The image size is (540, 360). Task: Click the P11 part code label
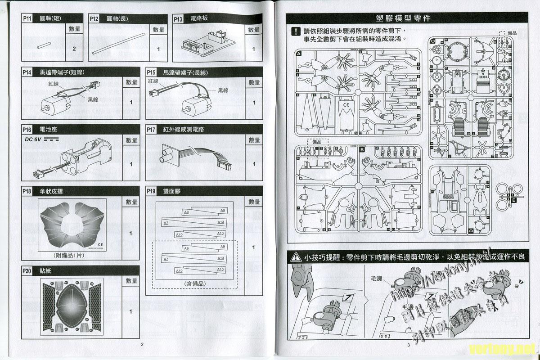(27, 18)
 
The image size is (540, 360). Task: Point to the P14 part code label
(27, 72)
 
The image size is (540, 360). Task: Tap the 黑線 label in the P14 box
(93, 99)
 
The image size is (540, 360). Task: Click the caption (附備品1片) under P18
(69, 256)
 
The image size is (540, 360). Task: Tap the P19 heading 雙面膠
(172, 192)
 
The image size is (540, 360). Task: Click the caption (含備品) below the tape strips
(194, 283)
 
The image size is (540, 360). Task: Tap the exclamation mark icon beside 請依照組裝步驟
(295, 32)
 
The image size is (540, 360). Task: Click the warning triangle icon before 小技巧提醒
(295, 257)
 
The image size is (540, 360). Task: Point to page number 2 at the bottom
(142, 345)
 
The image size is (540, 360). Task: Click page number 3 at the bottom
(408, 345)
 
